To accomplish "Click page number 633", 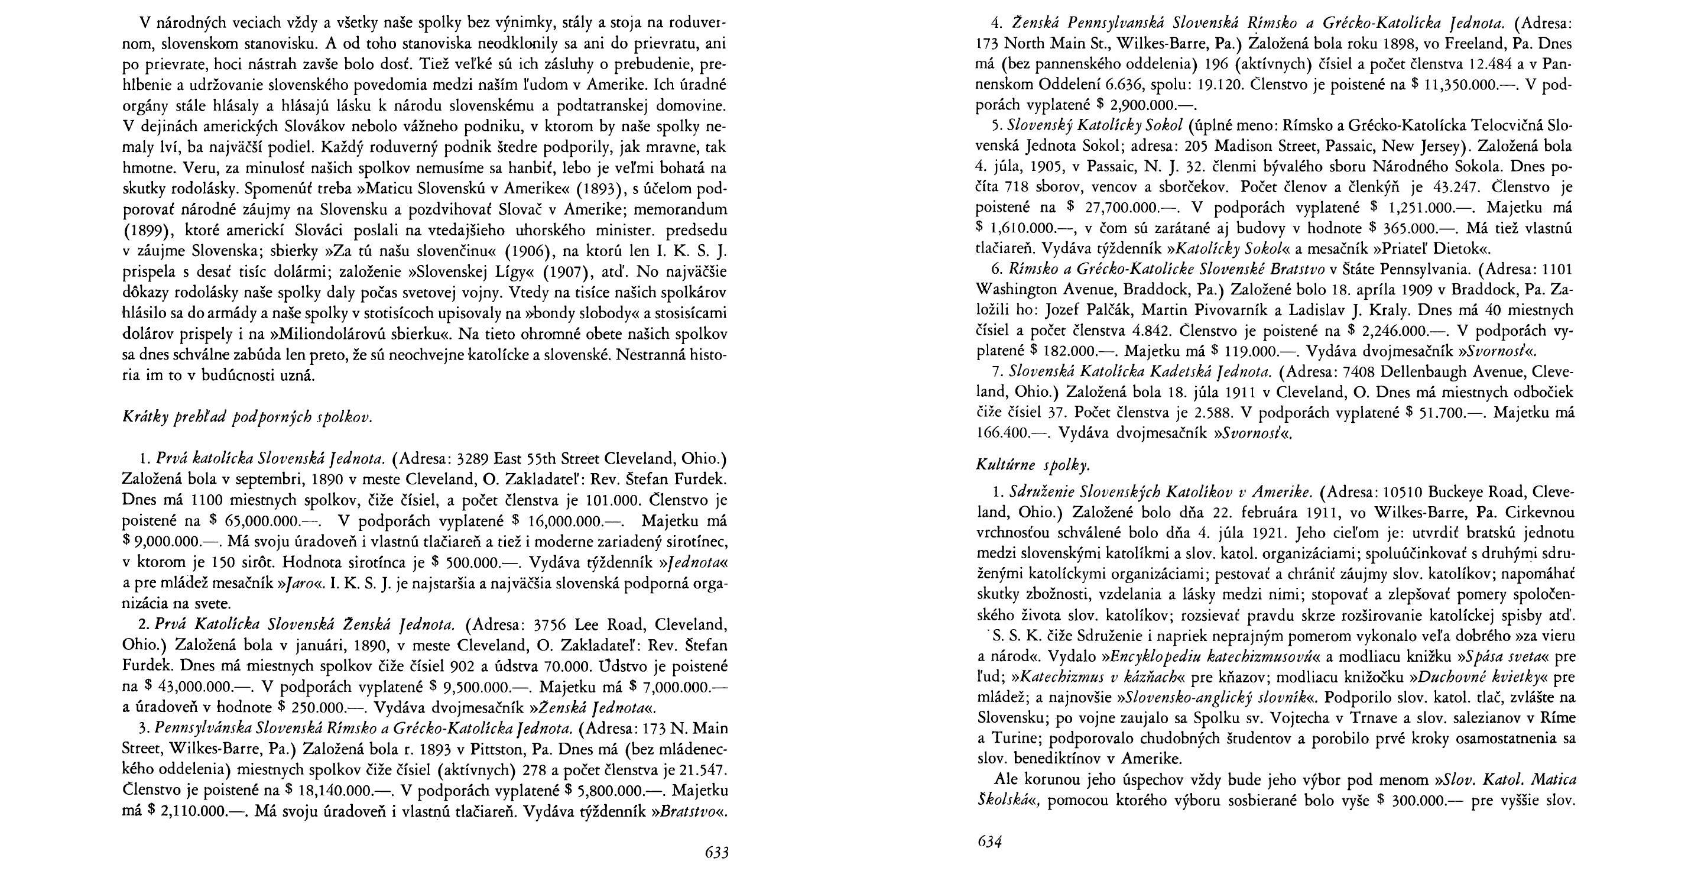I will pyautogui.click(x=716, y=852).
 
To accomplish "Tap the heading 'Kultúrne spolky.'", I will pyautogui.click(x=1033, y=465).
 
